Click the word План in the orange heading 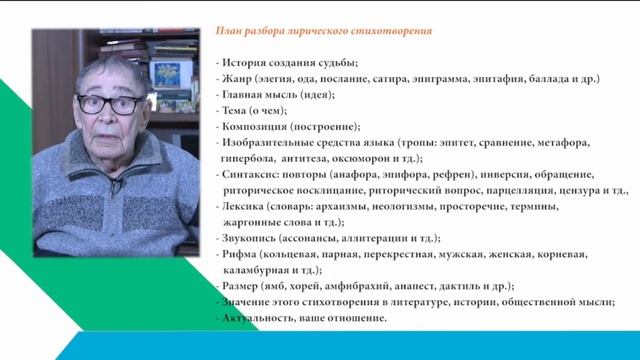click(x=229, y=31)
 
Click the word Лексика click(x=243, y=207)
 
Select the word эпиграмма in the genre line click(x=440, y=79)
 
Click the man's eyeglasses click(x=110, y=104)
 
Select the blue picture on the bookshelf click(x=165, y=75)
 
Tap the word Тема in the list click(x=233, y=111)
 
